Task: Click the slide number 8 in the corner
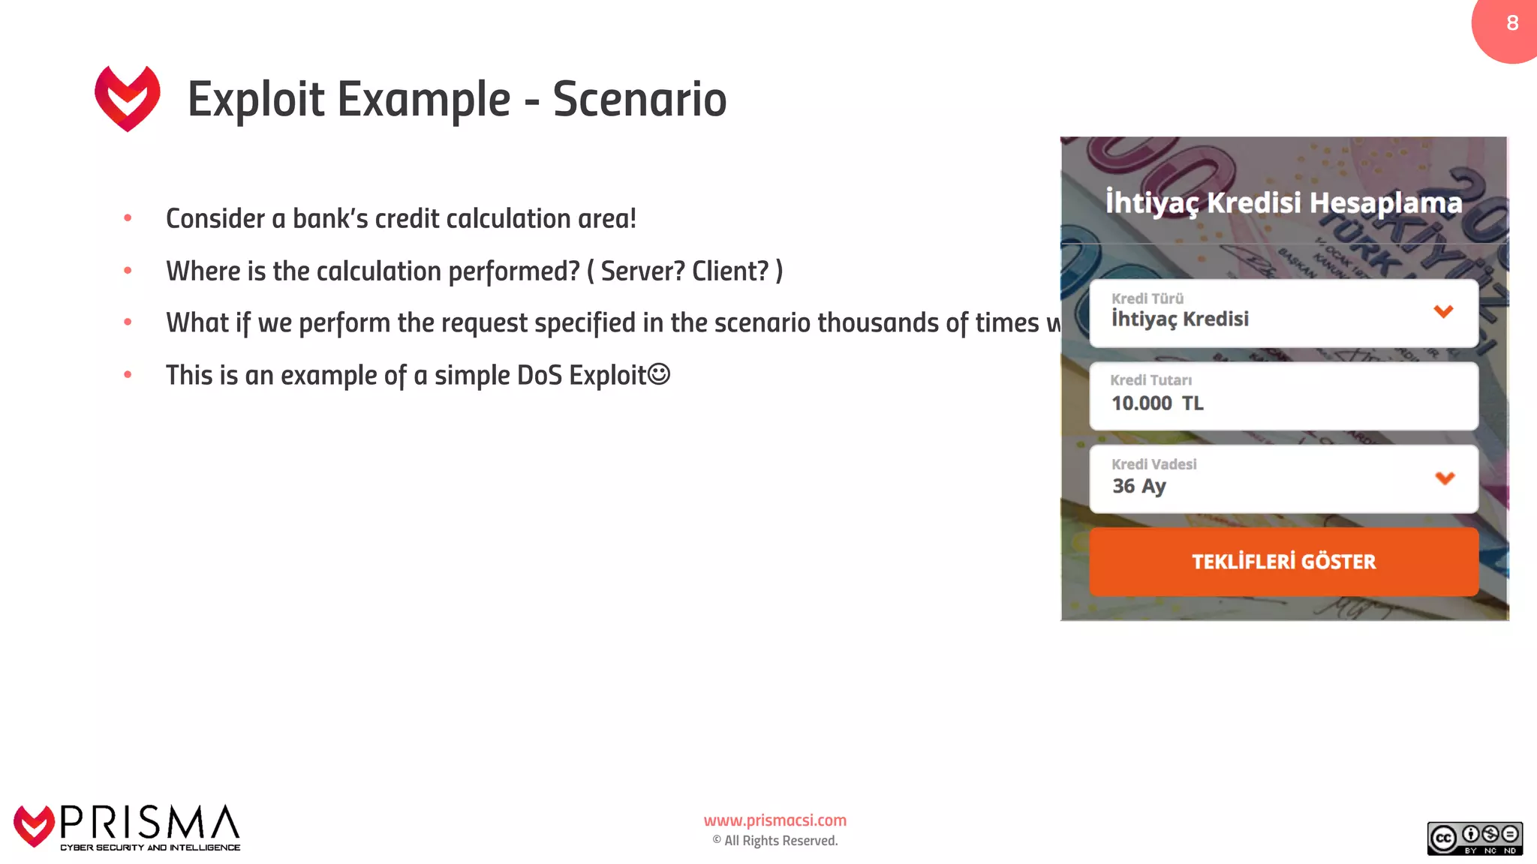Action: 1512,23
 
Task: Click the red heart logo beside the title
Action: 128,98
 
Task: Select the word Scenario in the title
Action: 639,99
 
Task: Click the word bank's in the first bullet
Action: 329,219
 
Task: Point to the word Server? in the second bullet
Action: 642,271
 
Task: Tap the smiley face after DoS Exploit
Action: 658,373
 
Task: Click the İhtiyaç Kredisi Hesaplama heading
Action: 1283,202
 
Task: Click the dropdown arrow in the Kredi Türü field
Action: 1443,311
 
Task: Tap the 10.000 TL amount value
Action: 1157,403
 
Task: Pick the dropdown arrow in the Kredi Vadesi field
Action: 1445,478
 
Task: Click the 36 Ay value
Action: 1138,486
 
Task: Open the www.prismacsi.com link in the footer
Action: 775,820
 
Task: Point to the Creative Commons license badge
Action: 1474,838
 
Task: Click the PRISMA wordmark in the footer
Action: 149,823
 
